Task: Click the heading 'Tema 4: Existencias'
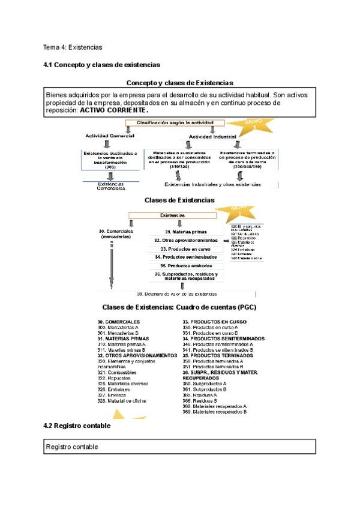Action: coord(73,47)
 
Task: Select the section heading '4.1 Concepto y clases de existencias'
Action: coord(101,64)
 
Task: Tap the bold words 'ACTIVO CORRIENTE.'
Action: coord(114,110)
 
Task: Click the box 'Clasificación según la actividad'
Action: coord(174,123)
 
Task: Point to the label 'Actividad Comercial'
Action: coord(110,136)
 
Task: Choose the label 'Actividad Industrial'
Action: coord(213,136)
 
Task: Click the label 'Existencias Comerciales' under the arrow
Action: coord(110,186)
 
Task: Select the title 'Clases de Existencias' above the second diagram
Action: coord(179,200)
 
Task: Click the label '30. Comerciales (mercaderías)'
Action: coord(116,233)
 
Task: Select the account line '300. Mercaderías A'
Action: coord(118,327)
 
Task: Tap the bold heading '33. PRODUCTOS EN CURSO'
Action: coord(214,322)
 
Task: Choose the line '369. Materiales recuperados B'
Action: coord(214,412)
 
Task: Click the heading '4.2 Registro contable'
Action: coord(77,426)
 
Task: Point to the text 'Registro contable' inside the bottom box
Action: coord(72,447)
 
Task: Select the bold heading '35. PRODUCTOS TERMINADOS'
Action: coord(218,355)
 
